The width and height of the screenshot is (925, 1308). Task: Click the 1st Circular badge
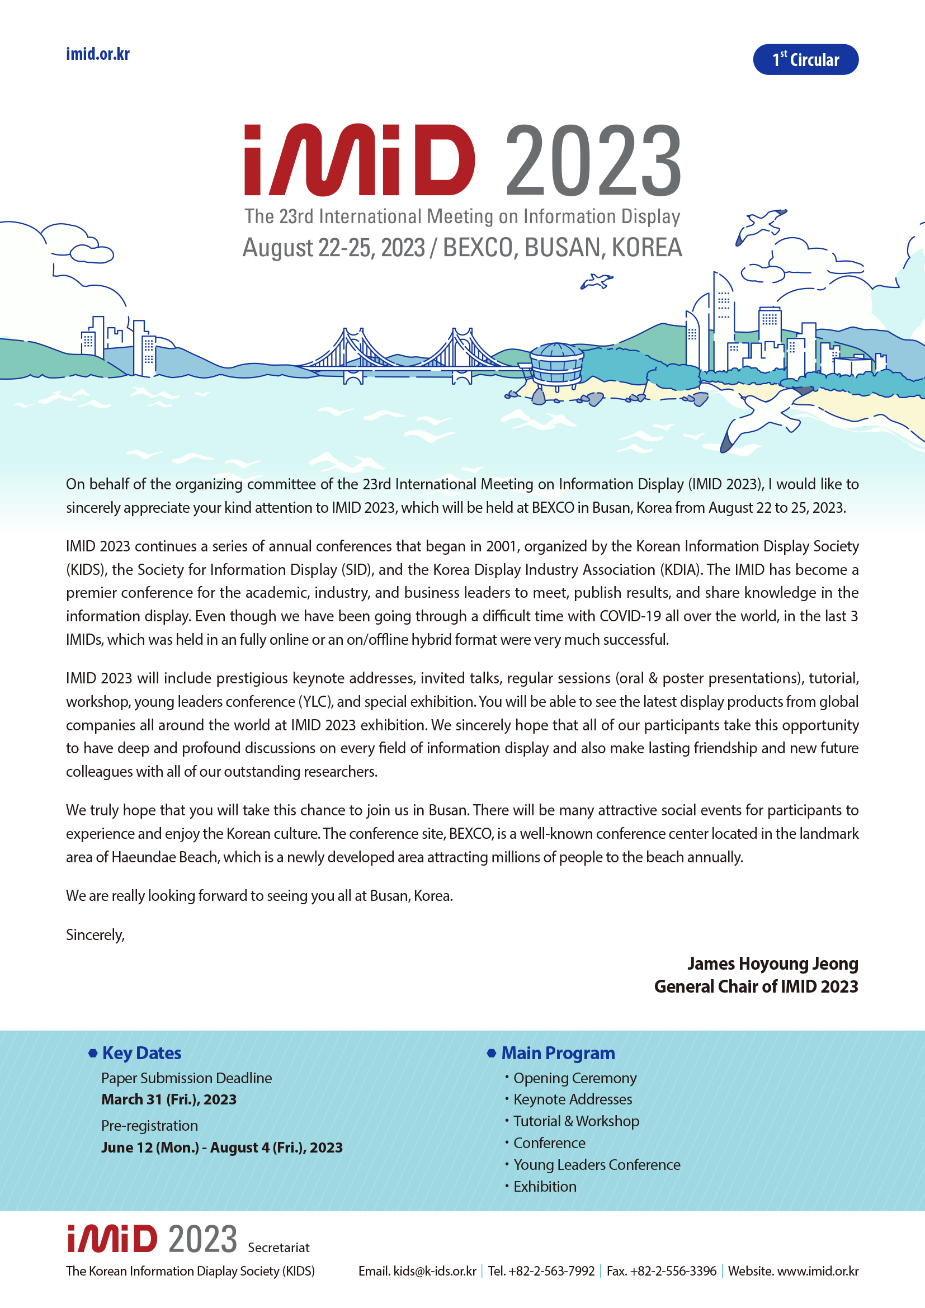pyautogui.click(x=805, y=59)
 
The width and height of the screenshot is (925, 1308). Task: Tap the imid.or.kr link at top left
pyautogui.click(x=97, y=54)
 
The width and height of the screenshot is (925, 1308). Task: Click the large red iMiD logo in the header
pyautogui.click(x=360, y=160)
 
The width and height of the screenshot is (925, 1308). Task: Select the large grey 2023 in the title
pyautogui.click(x=593, y=160)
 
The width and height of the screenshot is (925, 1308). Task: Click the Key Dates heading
pyautogui.click(x=141, y=1054)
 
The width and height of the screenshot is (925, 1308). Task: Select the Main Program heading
pyautogui.click(x=558, y=1054)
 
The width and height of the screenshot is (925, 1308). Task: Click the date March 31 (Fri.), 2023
pyautogui.click(x=168, y=1099)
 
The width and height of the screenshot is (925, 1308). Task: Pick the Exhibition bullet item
pyautogui.click(x=545, y=1187)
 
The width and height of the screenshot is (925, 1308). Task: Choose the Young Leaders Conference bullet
pyautogui.click(x=596, y=1165)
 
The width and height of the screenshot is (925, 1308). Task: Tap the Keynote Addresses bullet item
pyautogui.click(x=573, y=1099)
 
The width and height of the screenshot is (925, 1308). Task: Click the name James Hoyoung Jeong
pyautogui.click(x=772, y=964)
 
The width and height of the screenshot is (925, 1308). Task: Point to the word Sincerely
pyautogui.click(x=95, y=935)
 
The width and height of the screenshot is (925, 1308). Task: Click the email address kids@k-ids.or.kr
pyautogui.click(x=435, y=1271)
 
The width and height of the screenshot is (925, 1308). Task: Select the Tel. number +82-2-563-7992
pyautogui.click(x=551, y=1271)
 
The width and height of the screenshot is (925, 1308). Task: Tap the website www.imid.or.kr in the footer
pyautogui.click(x=818, y=1271)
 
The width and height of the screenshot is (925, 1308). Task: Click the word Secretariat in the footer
pyautogui.click(x=279, y=1248)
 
